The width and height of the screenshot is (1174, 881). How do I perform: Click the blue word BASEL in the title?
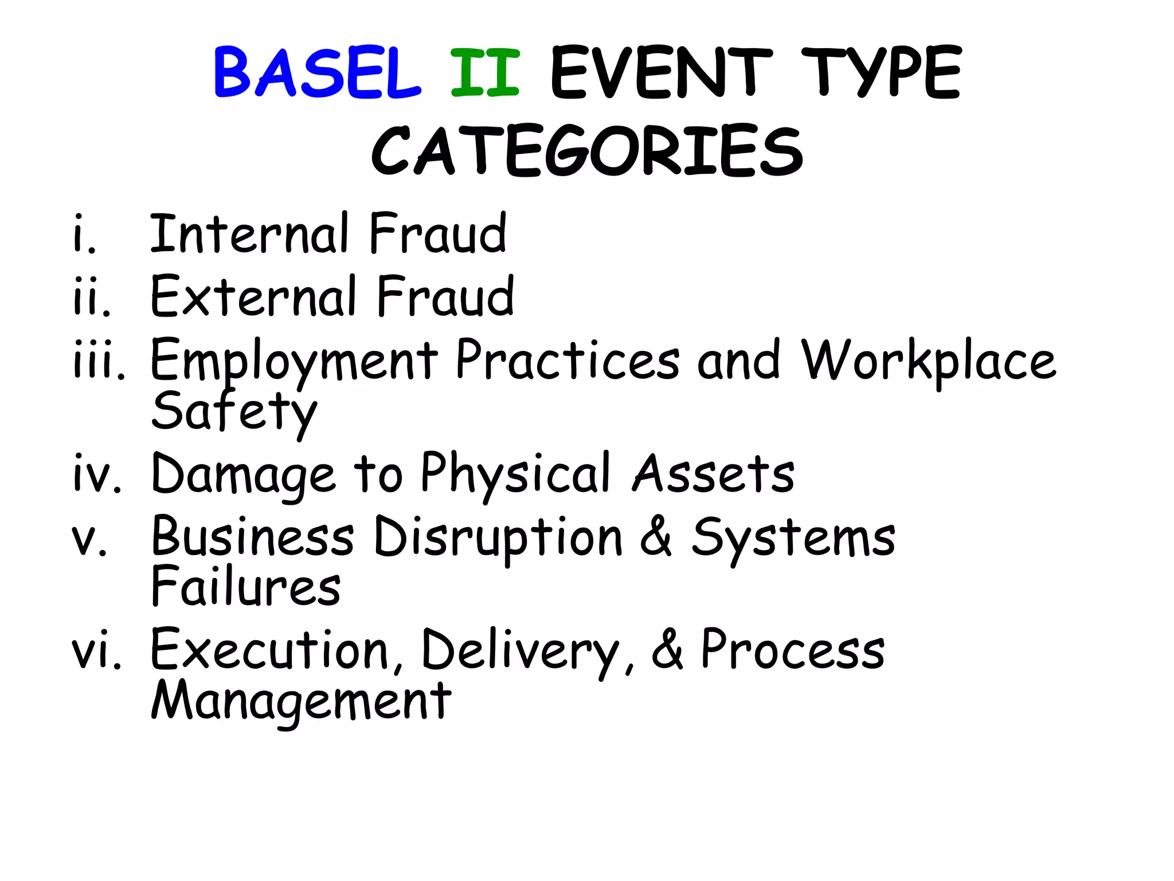pyautogui.click(x=317, y=73)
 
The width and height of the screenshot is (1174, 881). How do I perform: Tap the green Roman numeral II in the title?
pyautogui.click(x=485, y=73)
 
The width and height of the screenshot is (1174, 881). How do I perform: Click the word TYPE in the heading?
pyautogui.click(x=881, y=73)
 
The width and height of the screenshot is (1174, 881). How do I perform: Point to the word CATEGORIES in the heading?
pyautogui.click(x=587, y=151)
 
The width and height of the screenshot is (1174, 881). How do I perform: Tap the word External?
pyautogui.click(x=253, y=296)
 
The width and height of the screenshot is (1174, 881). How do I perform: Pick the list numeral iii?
pyautogui.click(x=99, y=360)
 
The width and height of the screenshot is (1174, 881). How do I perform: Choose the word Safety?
pyautogui.click(x=234, y=412)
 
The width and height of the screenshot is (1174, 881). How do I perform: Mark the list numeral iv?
pyautogui.click(x=97, y=474)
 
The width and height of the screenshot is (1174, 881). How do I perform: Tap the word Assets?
pyautogui.click(x=713, y=474)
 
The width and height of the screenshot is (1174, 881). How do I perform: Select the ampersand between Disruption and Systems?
pyautogui.click(x=656, y=536)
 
